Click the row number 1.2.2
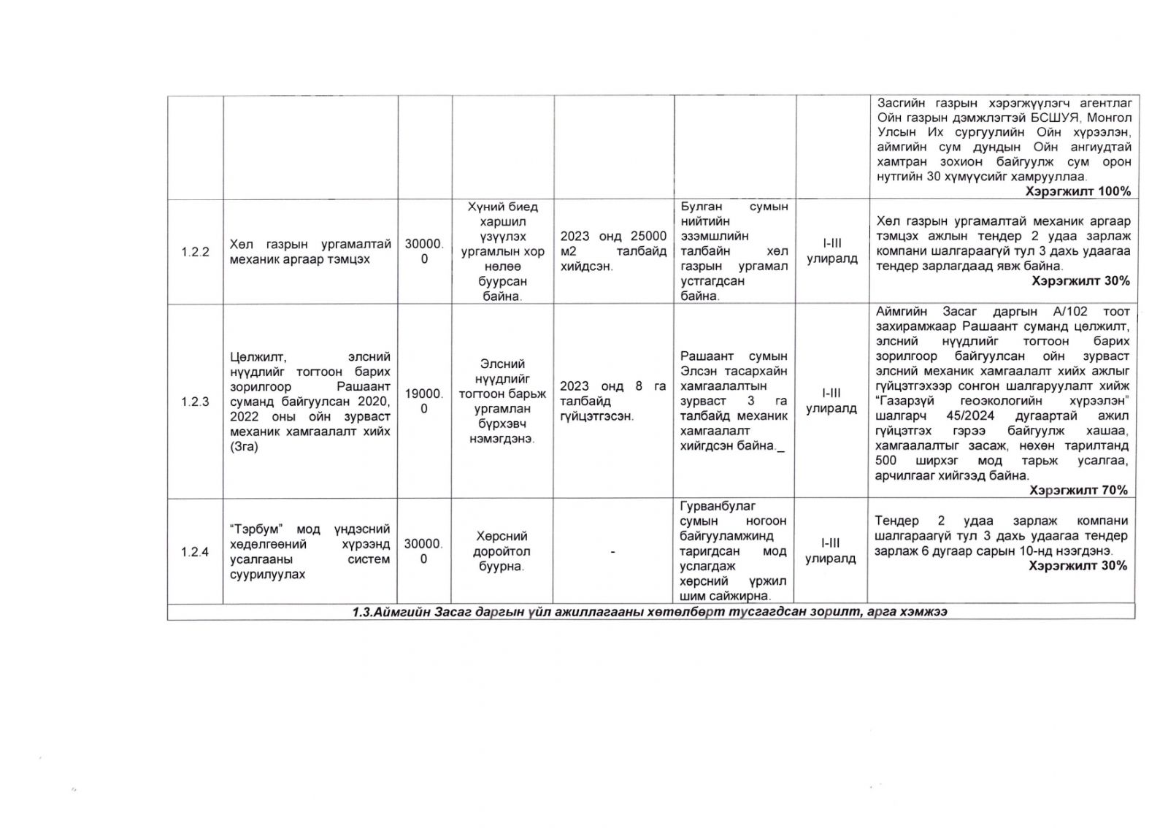195,252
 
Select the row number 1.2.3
195,402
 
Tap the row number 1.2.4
195,552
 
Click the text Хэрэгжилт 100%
1077,191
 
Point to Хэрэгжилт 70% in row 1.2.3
1078,490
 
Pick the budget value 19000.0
424,401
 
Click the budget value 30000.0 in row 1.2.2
424,251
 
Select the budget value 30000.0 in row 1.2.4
424,551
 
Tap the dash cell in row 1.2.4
612,552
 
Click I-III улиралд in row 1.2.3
831,401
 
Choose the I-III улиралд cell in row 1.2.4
831,551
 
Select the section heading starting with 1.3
650,612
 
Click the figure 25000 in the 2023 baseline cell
648,237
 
